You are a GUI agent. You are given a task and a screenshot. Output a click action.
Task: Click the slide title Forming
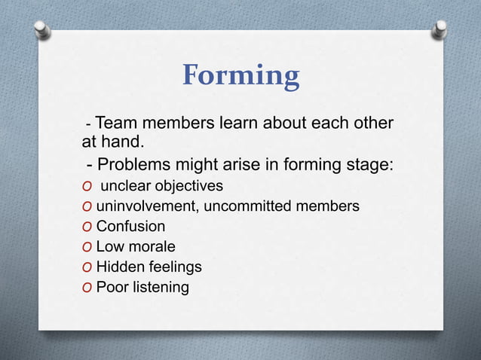[x=240, y=76]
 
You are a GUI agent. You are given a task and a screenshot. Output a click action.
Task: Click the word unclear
[x=123, y=185]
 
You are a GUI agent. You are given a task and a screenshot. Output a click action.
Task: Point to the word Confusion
[x=130, y=226]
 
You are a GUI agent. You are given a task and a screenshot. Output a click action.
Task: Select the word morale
[x=151, y=246]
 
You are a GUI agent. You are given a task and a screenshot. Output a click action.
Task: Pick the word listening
[x=160, y=287]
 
